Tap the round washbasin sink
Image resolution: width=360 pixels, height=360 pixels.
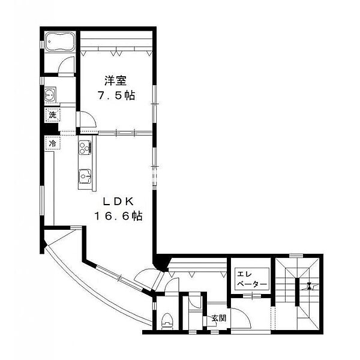coord(50,95)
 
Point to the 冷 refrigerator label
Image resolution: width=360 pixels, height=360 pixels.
coord(52,143)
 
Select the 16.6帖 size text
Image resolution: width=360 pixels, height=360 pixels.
coord(117,215)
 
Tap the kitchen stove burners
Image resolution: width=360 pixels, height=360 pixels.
coord(83,148)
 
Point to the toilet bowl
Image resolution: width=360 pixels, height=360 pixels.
coord(166,320)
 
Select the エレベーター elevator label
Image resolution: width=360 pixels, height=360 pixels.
coord(247,277)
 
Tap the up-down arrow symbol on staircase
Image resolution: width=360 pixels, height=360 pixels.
coord(308,287)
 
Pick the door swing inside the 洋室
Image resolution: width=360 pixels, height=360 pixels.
coord(86,120)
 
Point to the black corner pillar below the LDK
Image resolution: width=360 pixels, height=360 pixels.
coord(160,260)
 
